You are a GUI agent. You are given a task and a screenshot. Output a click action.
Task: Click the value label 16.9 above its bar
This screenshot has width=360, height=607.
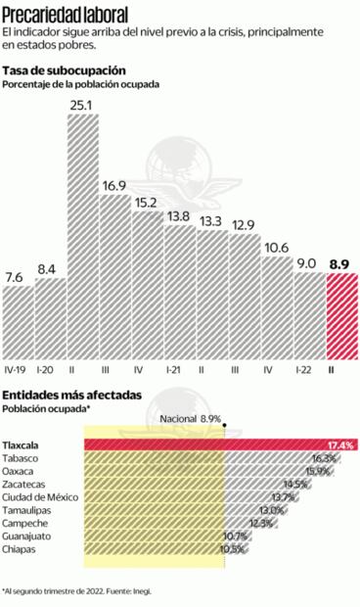point(114,185)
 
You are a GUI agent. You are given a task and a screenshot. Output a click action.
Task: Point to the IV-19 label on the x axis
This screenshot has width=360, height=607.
point(16,369)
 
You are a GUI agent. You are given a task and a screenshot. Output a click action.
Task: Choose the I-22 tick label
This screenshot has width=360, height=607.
point(307,369)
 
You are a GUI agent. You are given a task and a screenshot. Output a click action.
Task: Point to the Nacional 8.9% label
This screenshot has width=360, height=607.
point(191,419)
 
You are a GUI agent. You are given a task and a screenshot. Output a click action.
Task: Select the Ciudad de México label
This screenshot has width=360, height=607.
point(44,497)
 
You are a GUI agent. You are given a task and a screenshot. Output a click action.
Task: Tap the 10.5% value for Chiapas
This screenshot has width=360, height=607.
point(233,549)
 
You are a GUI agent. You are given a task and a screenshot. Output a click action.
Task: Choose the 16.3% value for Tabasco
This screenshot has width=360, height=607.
point(324,458)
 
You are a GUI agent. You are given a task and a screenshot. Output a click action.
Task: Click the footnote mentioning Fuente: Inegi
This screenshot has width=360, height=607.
point(77,591)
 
